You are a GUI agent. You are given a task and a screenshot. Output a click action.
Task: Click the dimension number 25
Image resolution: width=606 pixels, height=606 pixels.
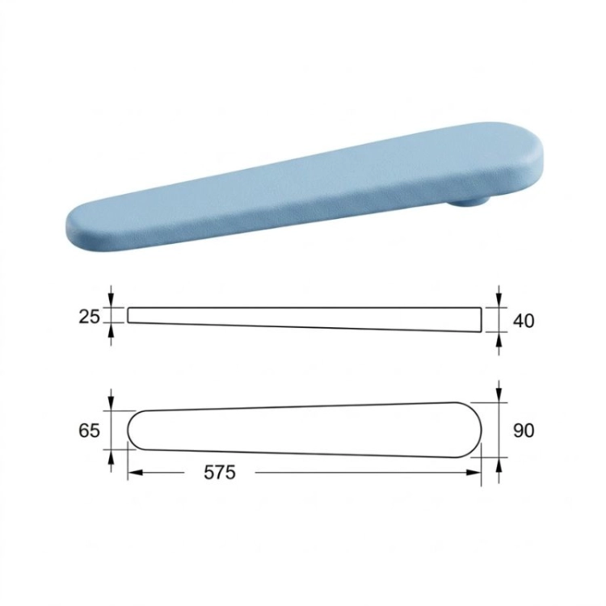click(89, 317)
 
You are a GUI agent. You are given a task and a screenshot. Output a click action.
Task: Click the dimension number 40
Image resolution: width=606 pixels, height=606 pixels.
click(524, 321)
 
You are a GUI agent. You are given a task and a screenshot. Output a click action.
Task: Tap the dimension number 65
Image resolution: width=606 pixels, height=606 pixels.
click(89, 430)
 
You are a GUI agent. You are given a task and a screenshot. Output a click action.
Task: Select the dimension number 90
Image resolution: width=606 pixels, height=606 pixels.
click(524, 430)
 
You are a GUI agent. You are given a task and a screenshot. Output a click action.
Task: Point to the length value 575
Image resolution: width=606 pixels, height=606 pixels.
click(220, 473)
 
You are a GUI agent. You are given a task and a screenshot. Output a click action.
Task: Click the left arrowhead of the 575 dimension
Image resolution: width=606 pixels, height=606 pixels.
click(135, 473)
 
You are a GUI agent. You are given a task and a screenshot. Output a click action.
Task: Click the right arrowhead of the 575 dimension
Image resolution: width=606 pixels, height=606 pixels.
click(473, 473)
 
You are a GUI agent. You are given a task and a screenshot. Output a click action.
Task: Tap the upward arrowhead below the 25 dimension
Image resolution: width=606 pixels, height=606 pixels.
click(112, 330)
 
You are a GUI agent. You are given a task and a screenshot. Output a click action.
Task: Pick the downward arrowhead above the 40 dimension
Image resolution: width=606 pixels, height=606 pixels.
click(499, 301)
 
